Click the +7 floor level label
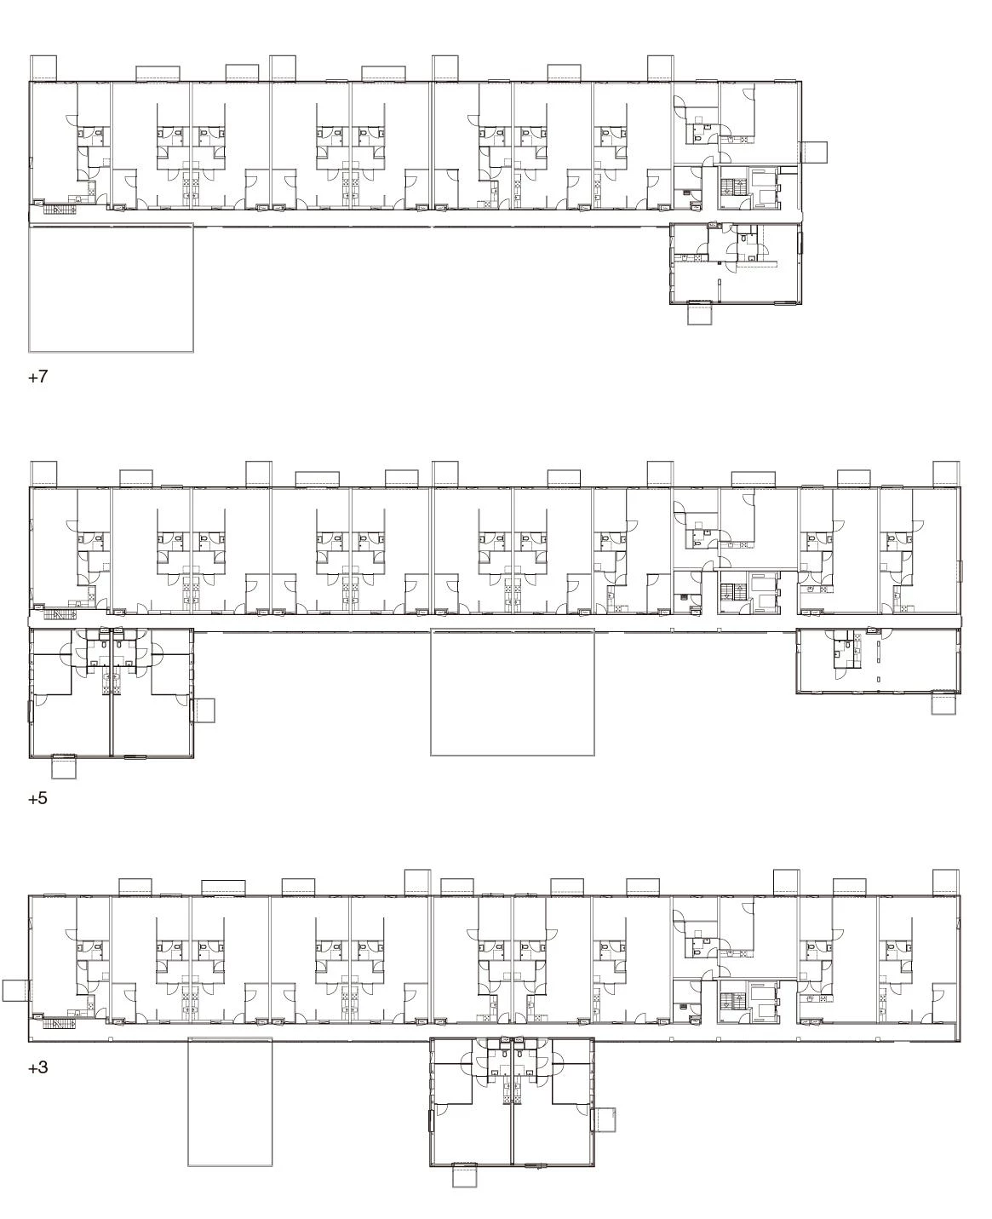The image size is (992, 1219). pos(38,377)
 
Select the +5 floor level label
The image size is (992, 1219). pos(37,798)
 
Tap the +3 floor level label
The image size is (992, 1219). pos(37,1067)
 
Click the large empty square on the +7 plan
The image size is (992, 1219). pos(111,287)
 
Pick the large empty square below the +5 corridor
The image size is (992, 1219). pos(513,693)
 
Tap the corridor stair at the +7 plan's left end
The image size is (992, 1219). pos(60,210)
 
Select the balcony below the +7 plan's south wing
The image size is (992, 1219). pos(700,314)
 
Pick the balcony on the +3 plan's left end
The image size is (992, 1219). pos(16,991)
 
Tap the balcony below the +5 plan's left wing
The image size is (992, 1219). pos(64,768)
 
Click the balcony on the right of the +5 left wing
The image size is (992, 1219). pos(204,710)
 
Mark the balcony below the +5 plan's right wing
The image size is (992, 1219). pos(943,704)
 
